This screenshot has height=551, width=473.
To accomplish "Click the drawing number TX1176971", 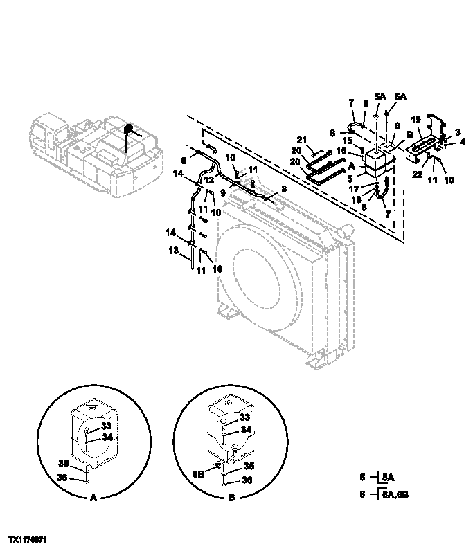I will pyautogui.click(x=28, y=538).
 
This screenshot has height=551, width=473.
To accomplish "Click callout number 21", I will pyautogui.click(x=301, y=141).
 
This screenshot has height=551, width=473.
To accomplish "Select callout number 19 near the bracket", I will pyautogui.click(x=417, y=120).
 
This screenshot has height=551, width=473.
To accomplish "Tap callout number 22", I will pyautogui.click(x=417, y=174).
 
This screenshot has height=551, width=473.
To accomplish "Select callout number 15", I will pyautogui.click(x=348, y=140).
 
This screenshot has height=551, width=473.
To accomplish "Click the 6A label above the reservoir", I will pyautogui.click(x=401, y=98).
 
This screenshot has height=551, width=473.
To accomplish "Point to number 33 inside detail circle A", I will pyautogui.click(x=107, y=427).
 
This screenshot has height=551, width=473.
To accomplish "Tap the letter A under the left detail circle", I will pyautogui.click(x=92, y=496).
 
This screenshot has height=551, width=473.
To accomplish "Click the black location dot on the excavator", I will pyautogui.click(x=127, y=129).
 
